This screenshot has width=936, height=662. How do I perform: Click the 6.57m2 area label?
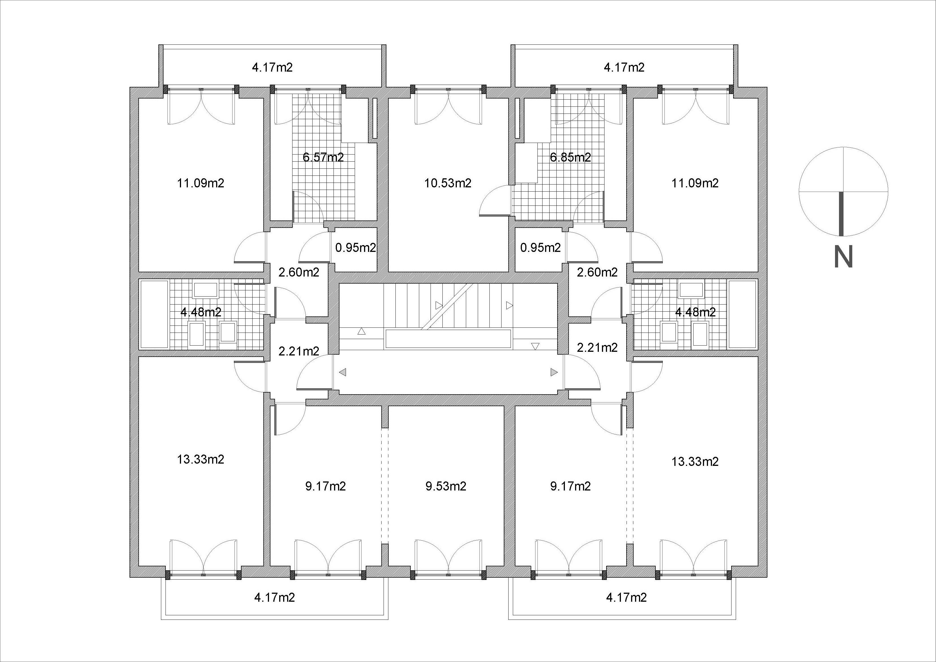pos(323,157)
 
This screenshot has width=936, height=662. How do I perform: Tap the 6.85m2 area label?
pos(570,157)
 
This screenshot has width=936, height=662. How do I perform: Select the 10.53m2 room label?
pos(447,183)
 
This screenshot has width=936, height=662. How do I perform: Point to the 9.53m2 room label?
pos(446,486)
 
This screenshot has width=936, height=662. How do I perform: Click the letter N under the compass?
pos(844,256)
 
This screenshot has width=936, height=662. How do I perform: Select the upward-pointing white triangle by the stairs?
pos(361,331)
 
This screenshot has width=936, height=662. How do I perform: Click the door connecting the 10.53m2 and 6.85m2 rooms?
pos(495,200)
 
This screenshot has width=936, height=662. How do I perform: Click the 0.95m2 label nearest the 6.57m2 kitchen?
pos(356,248)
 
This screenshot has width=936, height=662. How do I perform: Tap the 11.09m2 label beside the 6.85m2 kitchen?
pos(695,183)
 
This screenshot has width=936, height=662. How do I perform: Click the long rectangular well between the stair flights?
pos(448,339)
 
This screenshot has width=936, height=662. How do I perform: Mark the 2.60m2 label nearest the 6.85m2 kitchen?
pos(597,272)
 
